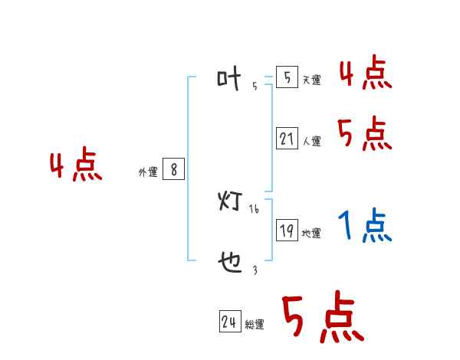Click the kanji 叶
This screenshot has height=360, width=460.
(x=229, y=79)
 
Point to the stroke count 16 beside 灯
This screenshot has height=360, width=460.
(x=254, y=208)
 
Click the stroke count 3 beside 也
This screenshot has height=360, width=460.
(x=255, y=270)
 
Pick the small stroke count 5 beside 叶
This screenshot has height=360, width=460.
(x=255, y=86)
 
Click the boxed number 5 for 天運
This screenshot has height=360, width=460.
(x=287, y=77)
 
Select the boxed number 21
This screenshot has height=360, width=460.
(x=287, y=139)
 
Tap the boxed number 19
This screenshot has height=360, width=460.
(x=287, y=230)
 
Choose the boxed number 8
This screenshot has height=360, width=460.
(x=174, y=169)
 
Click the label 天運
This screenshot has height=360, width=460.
(x=311, y=80)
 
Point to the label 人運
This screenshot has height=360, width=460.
(x=311, y=141)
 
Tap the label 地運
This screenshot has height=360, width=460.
(x=311, y=233)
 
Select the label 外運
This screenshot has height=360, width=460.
(x=147, y=172)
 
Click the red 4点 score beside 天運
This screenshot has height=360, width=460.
(x=365, y=74)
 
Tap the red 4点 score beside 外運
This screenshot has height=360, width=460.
(x=76, y=167)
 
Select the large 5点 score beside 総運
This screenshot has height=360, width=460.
(x=323, y=319)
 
